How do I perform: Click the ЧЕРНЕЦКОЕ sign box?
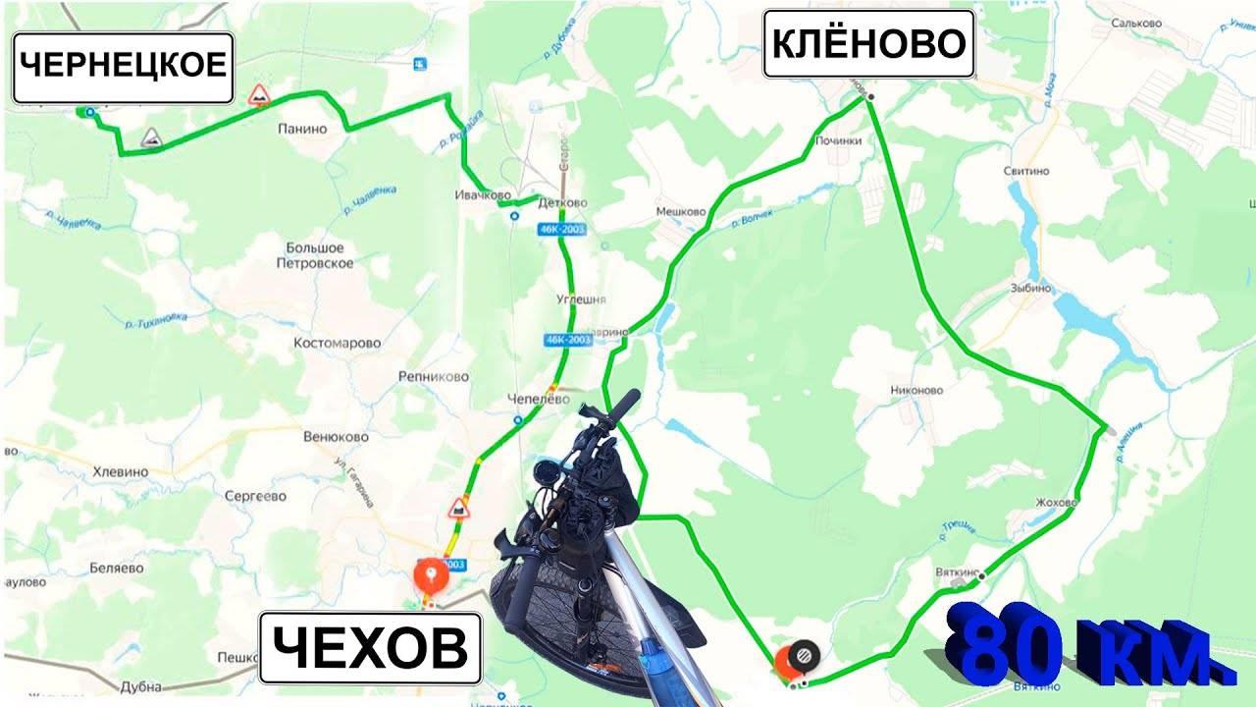(x=123, y=67)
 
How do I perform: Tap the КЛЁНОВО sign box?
(x=868, y=44)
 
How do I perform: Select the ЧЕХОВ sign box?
(x=370, y=648)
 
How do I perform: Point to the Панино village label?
(x=301, y=129)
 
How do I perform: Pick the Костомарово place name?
(x=337, y=344)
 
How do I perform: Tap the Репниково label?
(x=434, y=377)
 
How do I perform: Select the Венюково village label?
(x=336, y=437)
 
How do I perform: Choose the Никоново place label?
(x=916, y=390)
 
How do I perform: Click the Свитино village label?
(x=1026, y=171)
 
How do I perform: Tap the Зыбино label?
(x=1030, y=289)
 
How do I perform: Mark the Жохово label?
(x=1056, y=503)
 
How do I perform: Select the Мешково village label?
(x=681, y=211)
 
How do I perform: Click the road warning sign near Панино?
(x=259, y=95)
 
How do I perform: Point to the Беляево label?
(x=117, y=568)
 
